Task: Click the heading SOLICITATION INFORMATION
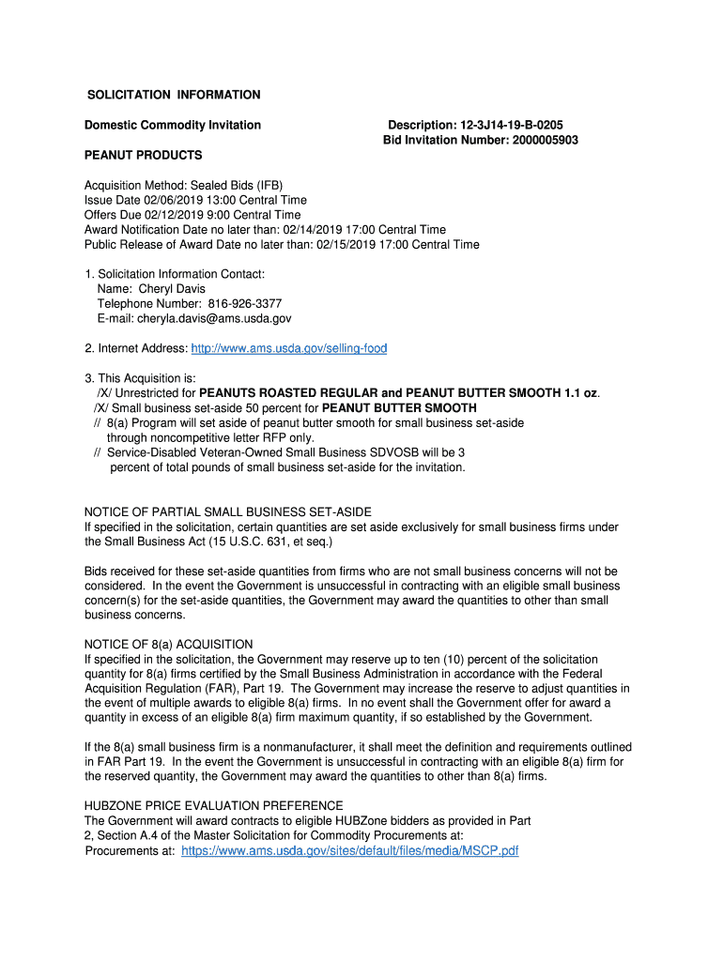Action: [x=174, y=95]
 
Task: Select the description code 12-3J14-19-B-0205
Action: [x=512, y=125]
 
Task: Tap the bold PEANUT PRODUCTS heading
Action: [x=143, y=155]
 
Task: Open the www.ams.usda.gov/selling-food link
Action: [x=288, y=349]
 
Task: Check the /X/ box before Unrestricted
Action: [x=105, y=393]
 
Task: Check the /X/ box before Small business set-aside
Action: [x=101, y=408]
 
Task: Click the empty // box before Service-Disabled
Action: [x=98, y=452]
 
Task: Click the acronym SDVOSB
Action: [x=372, y=452]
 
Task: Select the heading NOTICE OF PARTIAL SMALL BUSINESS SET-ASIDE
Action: [x=228, y=511]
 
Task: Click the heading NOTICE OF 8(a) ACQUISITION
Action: [x=169, y=644]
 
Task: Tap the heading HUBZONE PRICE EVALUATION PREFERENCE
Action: [x=214, y=806]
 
